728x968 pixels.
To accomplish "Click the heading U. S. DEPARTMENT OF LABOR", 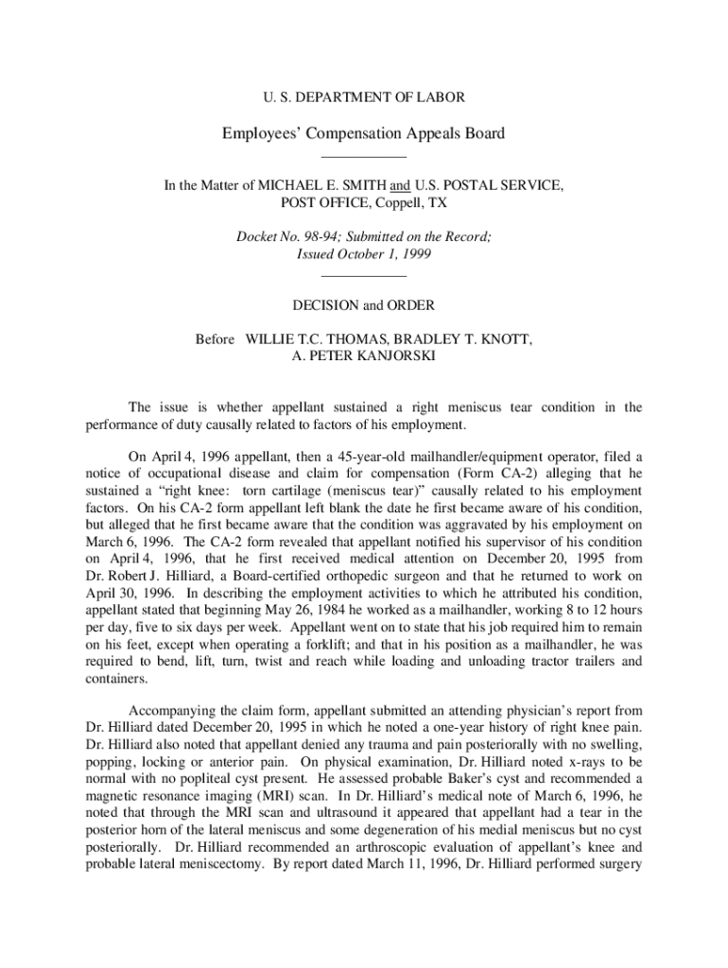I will coord(363,96).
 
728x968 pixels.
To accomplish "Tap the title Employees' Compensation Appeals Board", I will coord(364,133).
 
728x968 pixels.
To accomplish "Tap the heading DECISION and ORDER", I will coord(364,305).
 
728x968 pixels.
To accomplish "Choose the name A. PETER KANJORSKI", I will coord(364,356).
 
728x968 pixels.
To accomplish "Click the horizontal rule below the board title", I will coord(364,157).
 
